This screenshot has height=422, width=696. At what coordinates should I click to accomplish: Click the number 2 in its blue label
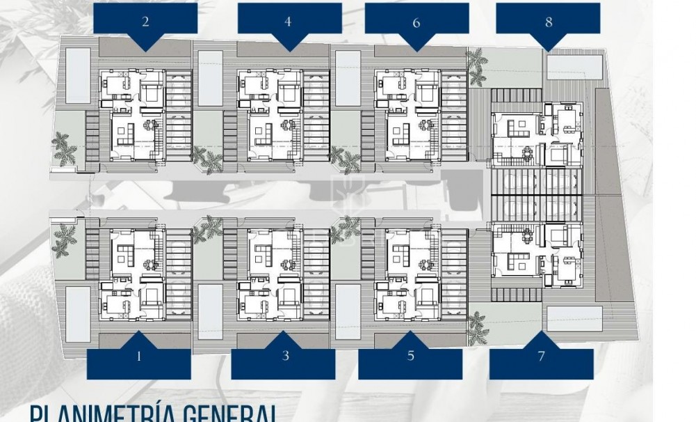(145, 22)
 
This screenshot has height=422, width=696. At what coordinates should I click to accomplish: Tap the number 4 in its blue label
(288, 22)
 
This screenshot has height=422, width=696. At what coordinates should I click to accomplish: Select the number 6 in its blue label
(416, 23)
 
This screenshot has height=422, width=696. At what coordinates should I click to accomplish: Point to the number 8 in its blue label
(549, 22)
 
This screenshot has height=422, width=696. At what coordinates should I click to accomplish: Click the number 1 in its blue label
(139, 357)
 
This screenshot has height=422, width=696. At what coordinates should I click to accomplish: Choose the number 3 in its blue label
(286, 357)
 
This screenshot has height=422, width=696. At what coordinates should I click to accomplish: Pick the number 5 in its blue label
(411, 357)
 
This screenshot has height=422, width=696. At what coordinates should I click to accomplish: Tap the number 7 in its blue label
(541, 357)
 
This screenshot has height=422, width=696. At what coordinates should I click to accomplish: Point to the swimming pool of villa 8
(574, 66)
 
